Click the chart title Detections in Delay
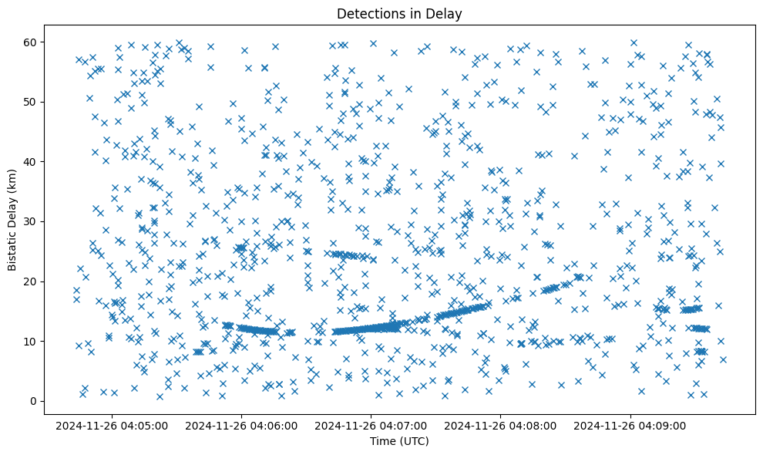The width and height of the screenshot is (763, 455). [399, 13]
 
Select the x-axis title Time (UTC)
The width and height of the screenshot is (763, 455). [399, 441]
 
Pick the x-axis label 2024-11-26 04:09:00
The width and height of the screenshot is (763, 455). [631, 425]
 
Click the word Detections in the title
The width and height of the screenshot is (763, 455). [368, 13]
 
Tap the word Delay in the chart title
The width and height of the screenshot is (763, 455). [445, 13]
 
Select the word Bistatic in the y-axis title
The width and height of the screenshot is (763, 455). [13, 247]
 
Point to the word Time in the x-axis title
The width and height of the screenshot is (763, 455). [383, 441]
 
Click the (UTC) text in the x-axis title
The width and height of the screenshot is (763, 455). [414, 441]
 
